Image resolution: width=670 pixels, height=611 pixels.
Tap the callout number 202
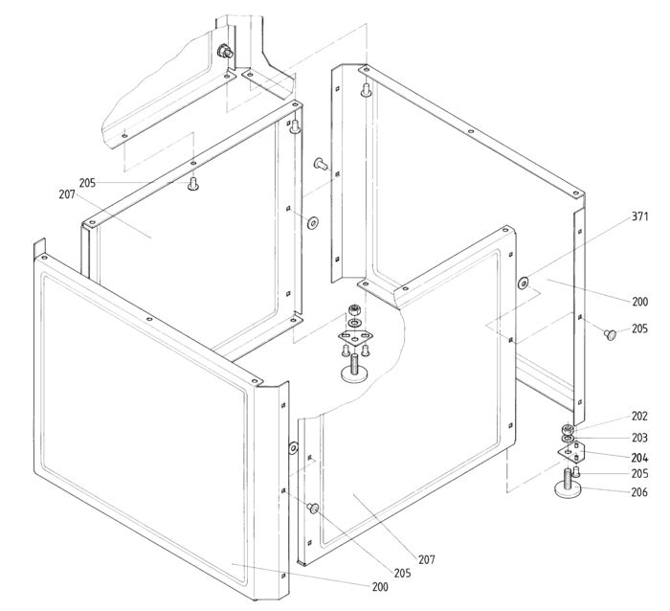pos(638,417)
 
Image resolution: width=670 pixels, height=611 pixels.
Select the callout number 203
pos(638,437)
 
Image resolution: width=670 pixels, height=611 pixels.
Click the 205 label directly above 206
pos(638,474)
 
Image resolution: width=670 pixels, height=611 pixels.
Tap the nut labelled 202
pos(568,428)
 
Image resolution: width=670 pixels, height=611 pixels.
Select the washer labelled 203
pos(568,439)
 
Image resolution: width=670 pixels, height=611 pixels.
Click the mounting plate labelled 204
pos(570,451)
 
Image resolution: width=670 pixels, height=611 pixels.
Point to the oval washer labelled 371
pos(524,283)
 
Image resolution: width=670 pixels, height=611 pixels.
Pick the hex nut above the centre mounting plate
pos(354,309)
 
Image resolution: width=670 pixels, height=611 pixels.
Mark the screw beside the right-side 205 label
pos(609,332)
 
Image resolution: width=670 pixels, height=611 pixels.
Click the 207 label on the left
pos(66,194)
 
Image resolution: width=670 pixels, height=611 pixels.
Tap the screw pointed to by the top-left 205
pos(193,184)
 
